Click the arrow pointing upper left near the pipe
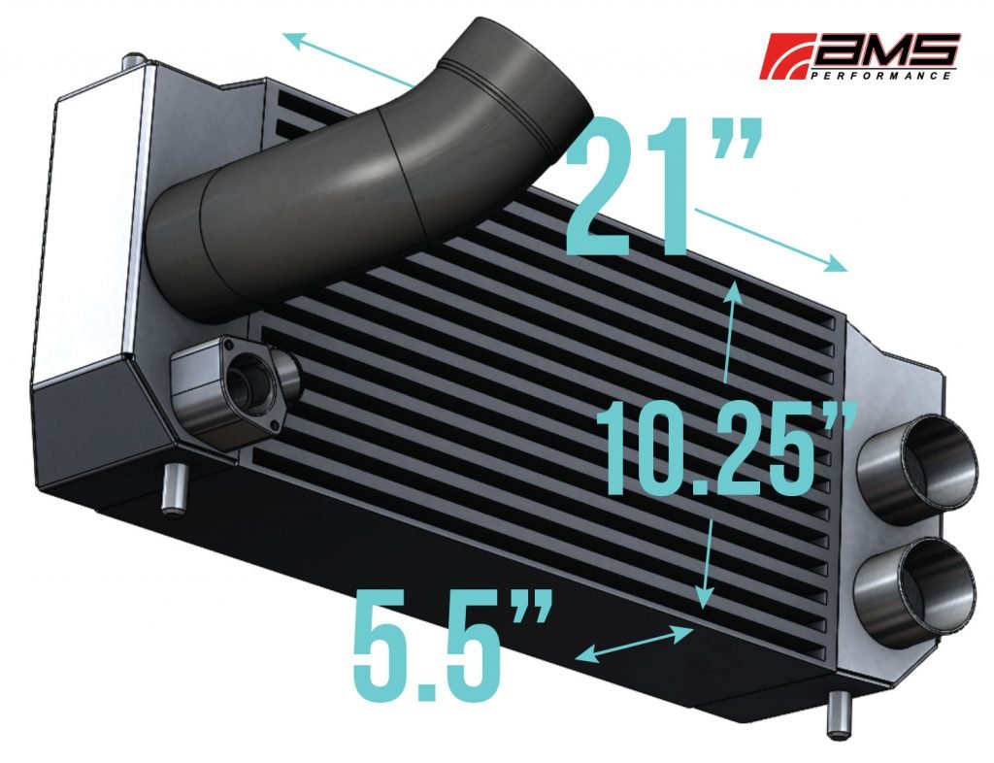[x=349, y=58]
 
